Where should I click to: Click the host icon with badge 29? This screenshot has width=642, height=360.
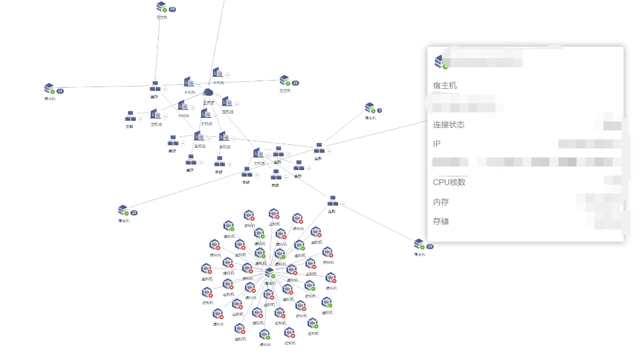tap(161, 7)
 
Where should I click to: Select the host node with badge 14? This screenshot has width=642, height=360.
tap(49, 89)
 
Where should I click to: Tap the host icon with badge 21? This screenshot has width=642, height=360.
tap(284, 81)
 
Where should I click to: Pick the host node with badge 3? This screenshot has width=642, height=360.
tap(369, 108)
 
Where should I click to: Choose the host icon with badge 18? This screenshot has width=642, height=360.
tap(123, 210)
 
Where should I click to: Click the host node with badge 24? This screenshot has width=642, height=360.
tap(419, 244)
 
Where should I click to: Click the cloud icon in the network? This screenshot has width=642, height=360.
tap(208, 93)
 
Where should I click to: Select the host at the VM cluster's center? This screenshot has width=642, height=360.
tap(270, 273)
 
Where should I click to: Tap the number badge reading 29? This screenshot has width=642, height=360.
tap(172, 10)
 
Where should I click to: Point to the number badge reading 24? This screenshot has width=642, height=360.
tap(429, 246)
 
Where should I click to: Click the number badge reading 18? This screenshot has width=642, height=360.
tap(134, 213)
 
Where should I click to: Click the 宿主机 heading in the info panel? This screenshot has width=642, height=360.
tap(445, 85)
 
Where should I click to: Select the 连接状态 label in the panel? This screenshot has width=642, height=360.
tap(449, 124)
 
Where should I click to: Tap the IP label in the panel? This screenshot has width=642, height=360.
tap(437, 144)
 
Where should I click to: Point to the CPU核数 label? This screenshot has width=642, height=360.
tap(449, 182)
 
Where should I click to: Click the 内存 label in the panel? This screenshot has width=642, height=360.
tap(441, 202)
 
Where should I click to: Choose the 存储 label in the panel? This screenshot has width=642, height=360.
tap(441, 221)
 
